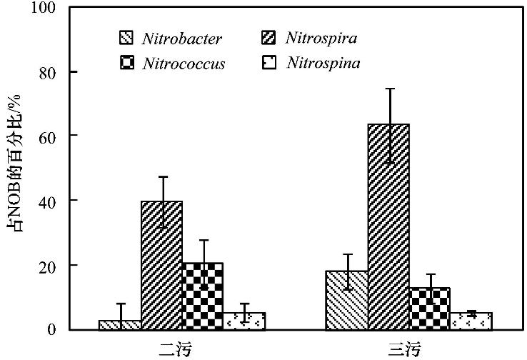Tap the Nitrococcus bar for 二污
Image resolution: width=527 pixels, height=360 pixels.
point(203,296)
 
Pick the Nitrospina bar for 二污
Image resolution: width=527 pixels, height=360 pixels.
point(244,321)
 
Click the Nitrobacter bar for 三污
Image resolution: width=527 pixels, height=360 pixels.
point(347,300)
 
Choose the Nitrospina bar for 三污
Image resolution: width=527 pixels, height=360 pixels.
point(471,321)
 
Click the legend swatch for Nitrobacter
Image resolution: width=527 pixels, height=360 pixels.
point(126,38)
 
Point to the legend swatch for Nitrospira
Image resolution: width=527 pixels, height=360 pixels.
point(271,38)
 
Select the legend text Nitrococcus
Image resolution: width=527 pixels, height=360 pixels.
point(184,64)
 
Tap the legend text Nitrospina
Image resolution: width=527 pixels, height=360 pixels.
point(323,64)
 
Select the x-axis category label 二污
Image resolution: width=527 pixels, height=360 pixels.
point(175,349)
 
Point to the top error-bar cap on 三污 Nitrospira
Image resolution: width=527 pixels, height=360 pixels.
point(390,89)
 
